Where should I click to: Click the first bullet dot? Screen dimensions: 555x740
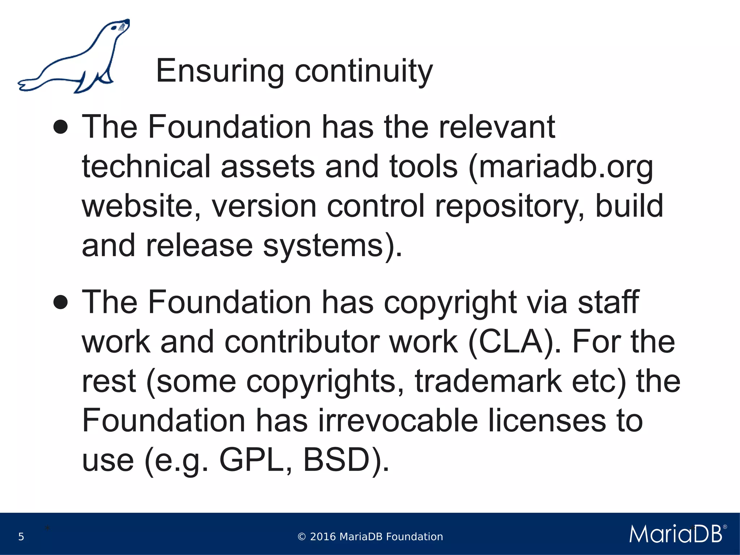point(60,127)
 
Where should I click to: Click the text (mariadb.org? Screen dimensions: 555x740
point(560,167)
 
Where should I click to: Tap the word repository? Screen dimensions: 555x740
point(509,207)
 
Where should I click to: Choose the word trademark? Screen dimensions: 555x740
point(488,381)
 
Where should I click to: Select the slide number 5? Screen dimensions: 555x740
point(21,537)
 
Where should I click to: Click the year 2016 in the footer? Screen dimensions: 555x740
point(323,537)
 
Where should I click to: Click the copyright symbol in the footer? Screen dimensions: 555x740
point(301,537)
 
